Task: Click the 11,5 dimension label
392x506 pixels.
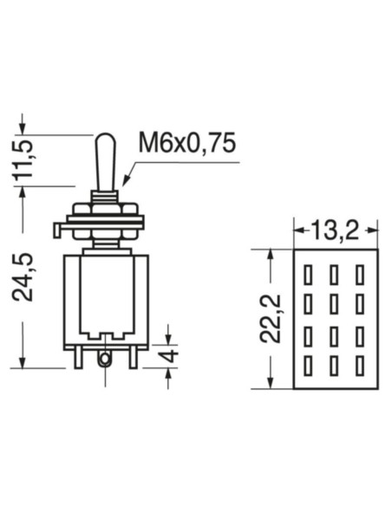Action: click(26, 159)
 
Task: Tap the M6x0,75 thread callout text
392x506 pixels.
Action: click(186, 143)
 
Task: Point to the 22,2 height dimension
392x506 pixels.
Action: click(273, 317)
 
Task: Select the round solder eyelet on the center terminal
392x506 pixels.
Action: click(105, 357)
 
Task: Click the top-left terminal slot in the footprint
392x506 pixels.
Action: click(308, 276)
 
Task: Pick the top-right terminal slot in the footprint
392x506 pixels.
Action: click(359, 276)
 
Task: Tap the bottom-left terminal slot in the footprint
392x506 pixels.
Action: click(308, 366)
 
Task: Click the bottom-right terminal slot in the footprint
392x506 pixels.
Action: click(359, 366)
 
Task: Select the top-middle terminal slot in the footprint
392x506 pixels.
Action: click(334, 276)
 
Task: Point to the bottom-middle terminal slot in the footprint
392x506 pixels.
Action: click(334, 366)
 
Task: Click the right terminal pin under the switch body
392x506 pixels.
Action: click(132, 356)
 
